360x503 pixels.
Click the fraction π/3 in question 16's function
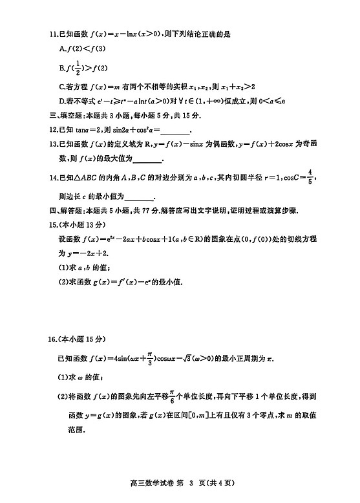coord(149,357)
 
